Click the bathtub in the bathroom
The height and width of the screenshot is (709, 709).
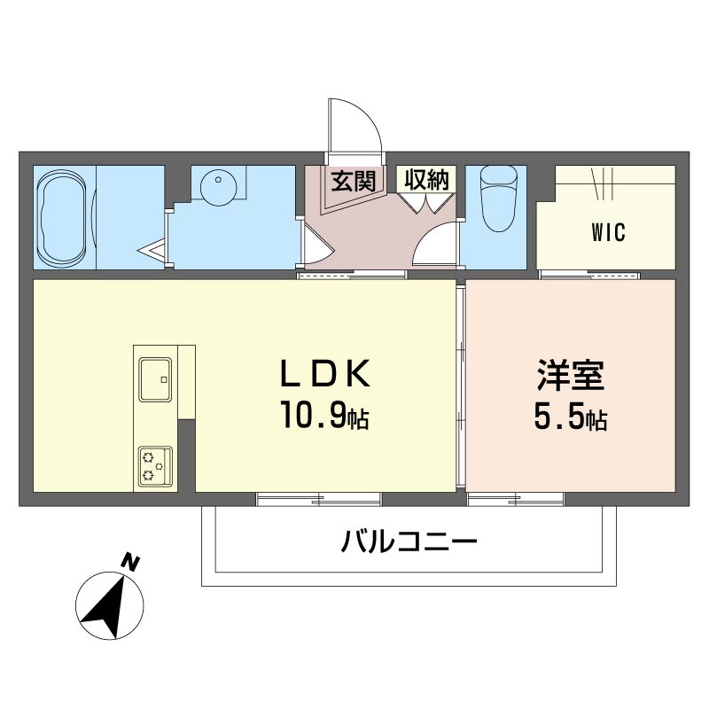pyautogui.click(x=62, y=217)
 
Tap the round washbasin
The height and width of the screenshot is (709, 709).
pyautogui.click(x=217, y=187)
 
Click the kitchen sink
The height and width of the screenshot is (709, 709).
pyautogui.click(x=156, y=380)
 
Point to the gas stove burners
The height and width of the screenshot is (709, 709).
pyautogui.click(x=155, y=466)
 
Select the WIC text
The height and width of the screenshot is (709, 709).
pyautogui.click(x=608, y=233)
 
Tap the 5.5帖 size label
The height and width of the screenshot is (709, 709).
pyautogui.click(x=570, y=418)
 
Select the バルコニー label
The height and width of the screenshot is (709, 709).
pyautogui.click(x=409, y=540)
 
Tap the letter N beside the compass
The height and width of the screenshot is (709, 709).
pyautogui.click(x=130, y=562)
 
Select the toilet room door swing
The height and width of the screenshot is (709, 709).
pyautogui.click(x=437, y=243)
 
